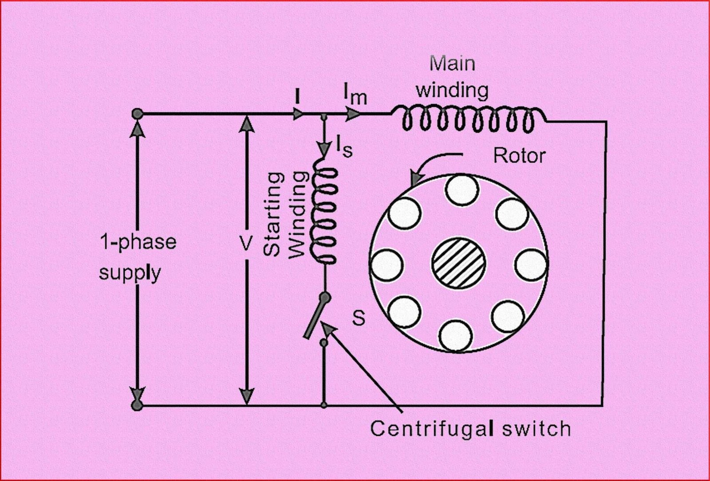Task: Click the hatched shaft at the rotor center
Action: pyautogui.click(x=458, y=262)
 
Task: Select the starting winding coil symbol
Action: pyautogui.click(x=326, y=211)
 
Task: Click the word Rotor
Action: pyautogui.click(x=519, y=156)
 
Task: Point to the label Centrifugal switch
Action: pyautogui.click(x=470, y=429)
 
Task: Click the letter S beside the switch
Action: pyautogui.click(x=359, y=318)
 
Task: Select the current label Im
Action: pyautogui.click(x=355, y=94)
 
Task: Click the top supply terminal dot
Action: pyautogui.click(x=137, y=114)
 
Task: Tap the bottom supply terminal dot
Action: pyautogui.click(x=137, y=405)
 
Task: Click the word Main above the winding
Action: pyautogui.click(x=452, y=64)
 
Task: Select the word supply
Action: pyautogui.click(x=130, y=272)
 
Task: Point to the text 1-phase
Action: pyautogui.click(x=138, y=242)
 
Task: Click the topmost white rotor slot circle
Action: pyautogui.click(x=462, y=189)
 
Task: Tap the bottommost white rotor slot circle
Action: pyautogui.click(x=456, y=335)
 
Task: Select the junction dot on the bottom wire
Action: pyautogui.click(x=324, y=405)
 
